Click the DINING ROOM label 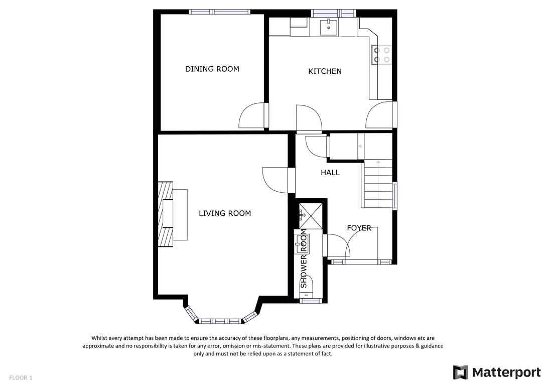[212, 69]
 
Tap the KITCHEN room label [325, 71]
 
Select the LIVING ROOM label [225, 213]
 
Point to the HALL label [330, 173]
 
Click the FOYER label [359, 228]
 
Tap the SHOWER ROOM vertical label [304, 258]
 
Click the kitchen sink [329, 28]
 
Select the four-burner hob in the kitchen [381, 55]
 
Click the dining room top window [220, 12]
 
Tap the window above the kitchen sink [334, 14]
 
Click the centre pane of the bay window [220, 321]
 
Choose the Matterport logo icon [460, 372]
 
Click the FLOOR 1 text [21, 378]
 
